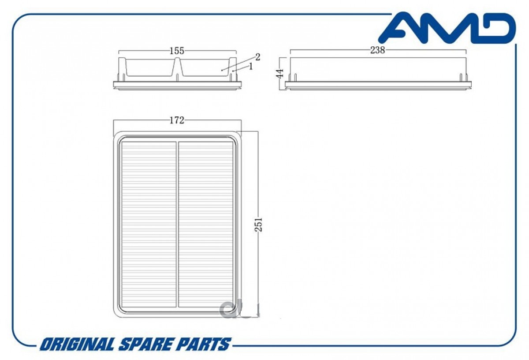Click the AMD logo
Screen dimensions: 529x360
click(x=447, y=28)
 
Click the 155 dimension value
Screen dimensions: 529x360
click(x=177, y=51)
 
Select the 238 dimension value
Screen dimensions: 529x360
click(x=378, y=50)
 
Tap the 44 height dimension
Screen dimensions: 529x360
click(x=280, y=74)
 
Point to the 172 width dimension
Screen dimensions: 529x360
click(x=177, y=120)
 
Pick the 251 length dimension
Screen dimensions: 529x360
click(x=259, y=224)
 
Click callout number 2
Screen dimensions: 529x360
click(x=257, y=57)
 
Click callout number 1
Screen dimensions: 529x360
click(x=250, y=67)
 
